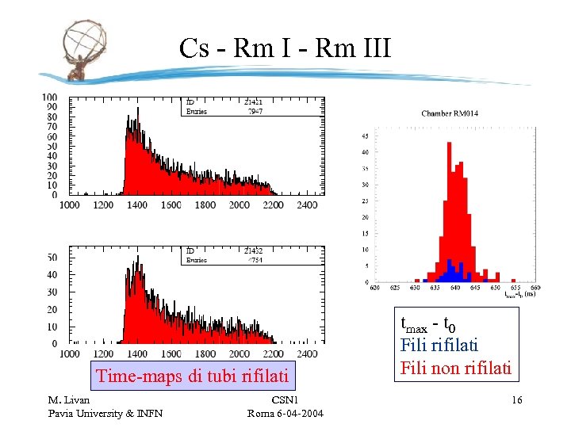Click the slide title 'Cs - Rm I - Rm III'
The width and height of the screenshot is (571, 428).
coord(285,48)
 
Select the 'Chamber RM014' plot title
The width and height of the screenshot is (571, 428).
coord(449,113)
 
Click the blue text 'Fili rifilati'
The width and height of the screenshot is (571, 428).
coord(439,346)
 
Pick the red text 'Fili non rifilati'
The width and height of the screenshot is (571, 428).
coord(456,368)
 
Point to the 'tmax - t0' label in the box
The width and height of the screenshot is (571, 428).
coord(428,323)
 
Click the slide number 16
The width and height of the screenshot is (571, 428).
coord(516,400)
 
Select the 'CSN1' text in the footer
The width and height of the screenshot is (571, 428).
coord(285,400)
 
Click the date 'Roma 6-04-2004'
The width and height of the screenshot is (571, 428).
coord(285,413)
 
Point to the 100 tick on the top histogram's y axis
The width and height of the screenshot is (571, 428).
coord(50,97)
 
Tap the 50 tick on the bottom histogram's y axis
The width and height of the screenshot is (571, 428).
coord(52,258)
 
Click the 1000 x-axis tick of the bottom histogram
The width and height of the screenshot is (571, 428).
coord(70,353)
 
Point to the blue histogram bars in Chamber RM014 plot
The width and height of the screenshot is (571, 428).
coord(450,272)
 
